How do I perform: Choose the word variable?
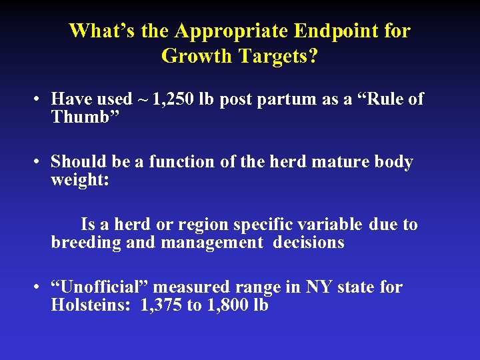click(x=329, y=225)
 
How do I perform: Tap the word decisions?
click(x=309, y=243)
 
